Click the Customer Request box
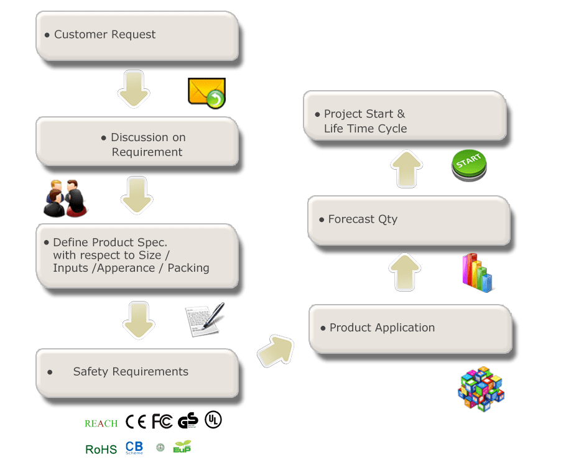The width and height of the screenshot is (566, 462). [137, 35]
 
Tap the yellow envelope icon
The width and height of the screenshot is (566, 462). [206, 93]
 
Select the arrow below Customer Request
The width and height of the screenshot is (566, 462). [134, 89]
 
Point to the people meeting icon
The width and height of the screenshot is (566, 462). [65, 198]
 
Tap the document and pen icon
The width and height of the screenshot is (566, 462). [205, 320]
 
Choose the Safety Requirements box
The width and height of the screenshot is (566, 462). [137, 372]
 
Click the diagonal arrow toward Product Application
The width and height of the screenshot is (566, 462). [275, 351]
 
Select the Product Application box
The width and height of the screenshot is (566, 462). [411, 328]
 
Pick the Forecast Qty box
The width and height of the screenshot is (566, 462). [409, 219]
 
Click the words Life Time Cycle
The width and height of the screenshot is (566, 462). [366, 129]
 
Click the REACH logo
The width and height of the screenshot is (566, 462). [101, 423]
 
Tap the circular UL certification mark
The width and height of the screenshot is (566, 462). [213, 420]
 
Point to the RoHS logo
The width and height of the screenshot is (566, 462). [101, 449]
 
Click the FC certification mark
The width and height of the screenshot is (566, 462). [162, 422]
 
